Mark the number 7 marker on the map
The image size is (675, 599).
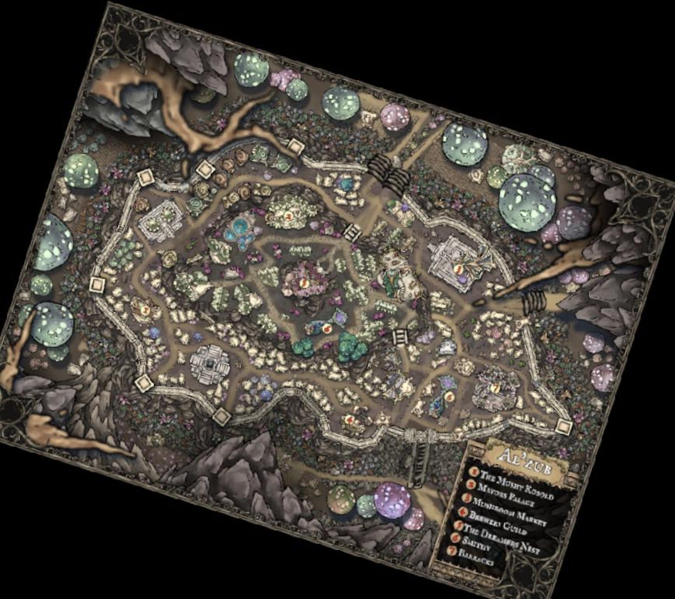(495, 387)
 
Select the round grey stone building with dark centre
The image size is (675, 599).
(209, 363)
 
